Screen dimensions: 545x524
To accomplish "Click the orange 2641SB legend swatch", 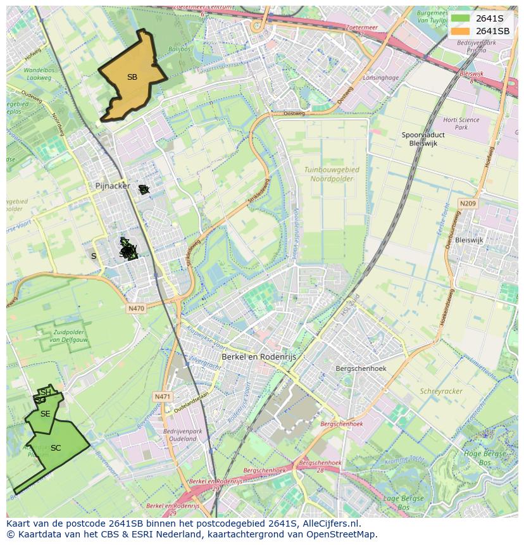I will (x=460, y=31).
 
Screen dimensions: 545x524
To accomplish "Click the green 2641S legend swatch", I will (x=460, y=18).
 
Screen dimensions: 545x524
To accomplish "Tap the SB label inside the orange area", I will (x=132, y=77).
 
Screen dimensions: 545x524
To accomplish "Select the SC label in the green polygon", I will (x=56, y=448).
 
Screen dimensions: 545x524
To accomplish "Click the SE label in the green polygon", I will (x=45, y=414).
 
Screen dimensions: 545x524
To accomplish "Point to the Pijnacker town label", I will (x=112, y=186).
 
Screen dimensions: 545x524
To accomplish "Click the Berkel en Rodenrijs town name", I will (x=258, y=357).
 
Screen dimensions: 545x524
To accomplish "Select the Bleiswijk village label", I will (x=469, y=241).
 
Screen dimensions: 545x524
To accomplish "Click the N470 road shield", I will (x=136, y=308).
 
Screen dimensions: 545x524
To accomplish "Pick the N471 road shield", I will (x=162, y=397).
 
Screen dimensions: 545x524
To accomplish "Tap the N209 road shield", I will (x=468, y=203).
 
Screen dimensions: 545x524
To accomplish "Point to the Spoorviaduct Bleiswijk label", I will (x=423, y=139).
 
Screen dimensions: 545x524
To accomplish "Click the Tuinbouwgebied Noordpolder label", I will (x=331, y=175).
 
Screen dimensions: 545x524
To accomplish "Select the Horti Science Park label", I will (x=461, y=123).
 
